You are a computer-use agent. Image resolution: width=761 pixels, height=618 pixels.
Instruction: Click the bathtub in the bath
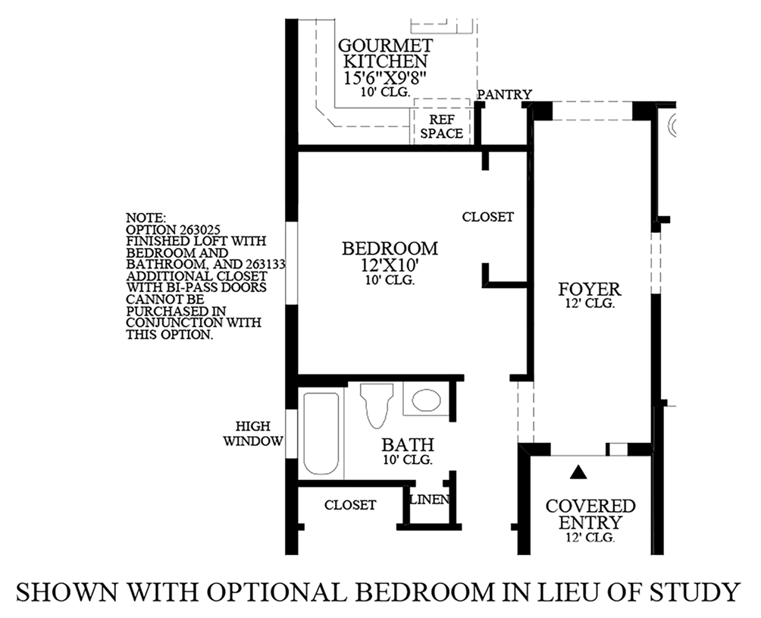[x=322, y=434]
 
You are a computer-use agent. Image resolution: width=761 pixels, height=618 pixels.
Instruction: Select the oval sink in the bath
[x=425, y=400]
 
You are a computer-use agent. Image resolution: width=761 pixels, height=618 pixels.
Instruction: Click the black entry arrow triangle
[x=579, y=472]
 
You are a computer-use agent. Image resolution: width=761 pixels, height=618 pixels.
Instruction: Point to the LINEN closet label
[x=430, y=500]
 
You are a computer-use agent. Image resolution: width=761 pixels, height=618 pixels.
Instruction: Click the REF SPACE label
[x=441, y=127]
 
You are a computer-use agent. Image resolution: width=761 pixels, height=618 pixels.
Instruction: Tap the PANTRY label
[x=504, y=94]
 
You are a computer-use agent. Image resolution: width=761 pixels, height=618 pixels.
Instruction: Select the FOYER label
[x=589, y=289]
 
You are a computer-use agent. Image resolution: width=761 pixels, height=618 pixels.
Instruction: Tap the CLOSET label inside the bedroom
[x=488, y=217]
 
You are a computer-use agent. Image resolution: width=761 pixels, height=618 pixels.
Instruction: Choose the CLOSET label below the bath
[x=350, y=504]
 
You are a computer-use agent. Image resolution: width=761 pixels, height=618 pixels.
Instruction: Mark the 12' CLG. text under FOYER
[x=589, y=304]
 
